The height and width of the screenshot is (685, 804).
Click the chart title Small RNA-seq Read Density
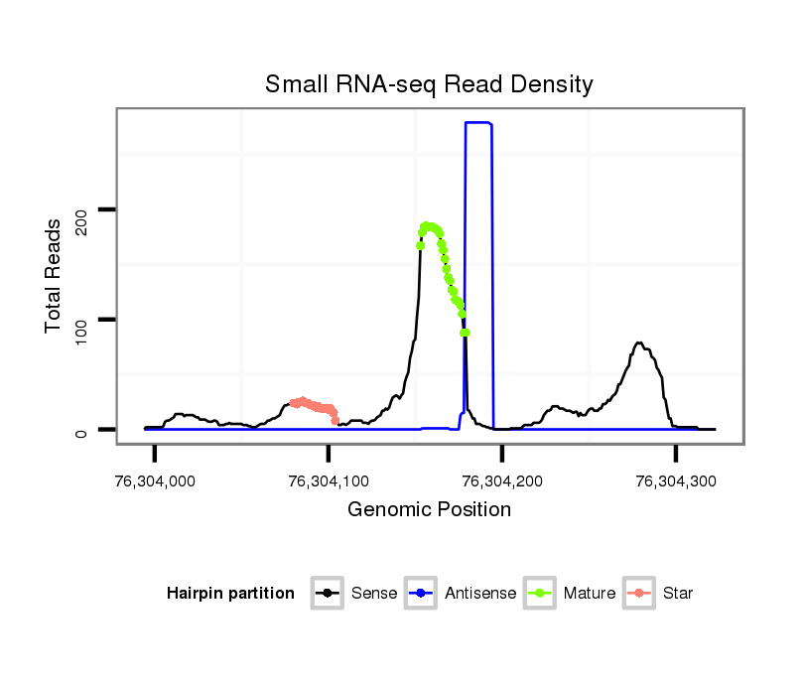click(429, 84)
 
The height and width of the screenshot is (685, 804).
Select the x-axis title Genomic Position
click(429, 510)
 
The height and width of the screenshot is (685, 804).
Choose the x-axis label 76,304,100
click(328, 481)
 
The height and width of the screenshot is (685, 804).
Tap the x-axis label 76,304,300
click(675, 481)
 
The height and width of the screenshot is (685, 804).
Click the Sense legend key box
click(328, 594)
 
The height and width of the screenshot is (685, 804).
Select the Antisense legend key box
click(422, 594)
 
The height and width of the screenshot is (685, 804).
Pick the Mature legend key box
click(539, 594)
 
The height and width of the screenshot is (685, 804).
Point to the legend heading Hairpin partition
click(230, 594)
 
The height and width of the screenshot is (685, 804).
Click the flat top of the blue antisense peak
click(478, 123)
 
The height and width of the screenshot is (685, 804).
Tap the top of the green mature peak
click(428, 226)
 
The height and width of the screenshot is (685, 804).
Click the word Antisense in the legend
click(480, 594)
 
